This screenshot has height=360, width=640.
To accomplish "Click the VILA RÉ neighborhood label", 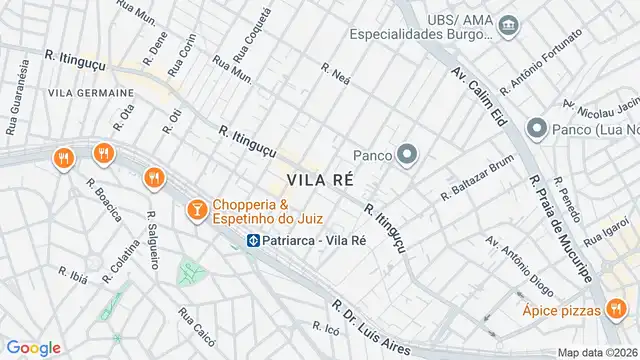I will pyautogui.click(x=321, y=180).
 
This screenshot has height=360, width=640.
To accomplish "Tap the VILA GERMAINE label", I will pyautogui.click(x=63, y=93).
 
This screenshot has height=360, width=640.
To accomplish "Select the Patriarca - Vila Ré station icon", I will pyautogui.click(x=254, y=240).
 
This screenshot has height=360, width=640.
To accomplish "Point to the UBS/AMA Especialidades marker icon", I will pyautogui.click(x=509, y=23).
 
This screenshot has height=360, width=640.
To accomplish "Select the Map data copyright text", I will pyautogui.click(x=597, y=352).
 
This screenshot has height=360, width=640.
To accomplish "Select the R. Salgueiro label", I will pyautogui.click(x=153, y=240).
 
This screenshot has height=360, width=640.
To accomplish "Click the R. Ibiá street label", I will pyautogui.click(x=76, y=274).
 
